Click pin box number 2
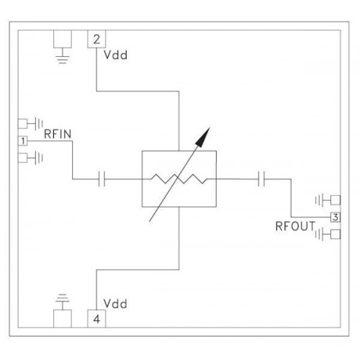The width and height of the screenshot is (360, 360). (x=96, y=39)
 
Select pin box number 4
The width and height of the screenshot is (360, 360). (x=96, y=319)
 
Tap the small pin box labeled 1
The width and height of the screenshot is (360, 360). (x=23, y=141)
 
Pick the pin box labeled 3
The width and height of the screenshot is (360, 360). (x=336, y=217)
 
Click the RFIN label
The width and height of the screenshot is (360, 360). (x=58, y=134)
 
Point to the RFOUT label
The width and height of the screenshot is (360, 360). (x=295, y=226)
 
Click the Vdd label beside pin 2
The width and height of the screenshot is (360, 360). (x=115, y=55)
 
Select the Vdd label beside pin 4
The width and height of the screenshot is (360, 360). (x=115, y=304)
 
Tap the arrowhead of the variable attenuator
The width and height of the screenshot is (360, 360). (x=203, y=136)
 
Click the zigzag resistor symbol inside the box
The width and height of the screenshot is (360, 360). (x=179, y=179)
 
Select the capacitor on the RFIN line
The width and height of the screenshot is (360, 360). (x=102, y=179)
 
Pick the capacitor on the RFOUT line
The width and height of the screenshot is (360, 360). (x=261, y=179)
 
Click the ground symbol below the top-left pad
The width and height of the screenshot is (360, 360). (x=63, y=58)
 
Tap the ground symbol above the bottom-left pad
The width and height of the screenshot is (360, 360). (x=63, y=300)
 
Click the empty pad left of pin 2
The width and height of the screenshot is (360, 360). (x=63, y=39)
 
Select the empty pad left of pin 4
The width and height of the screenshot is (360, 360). (x=63, y=319)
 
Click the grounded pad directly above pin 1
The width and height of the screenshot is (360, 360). (x=23, y=124)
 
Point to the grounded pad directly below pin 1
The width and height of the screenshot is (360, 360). (x=23, y=158)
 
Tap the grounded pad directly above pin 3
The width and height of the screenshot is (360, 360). (x=336, y=200)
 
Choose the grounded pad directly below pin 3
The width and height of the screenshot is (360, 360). (x=336, y=234)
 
